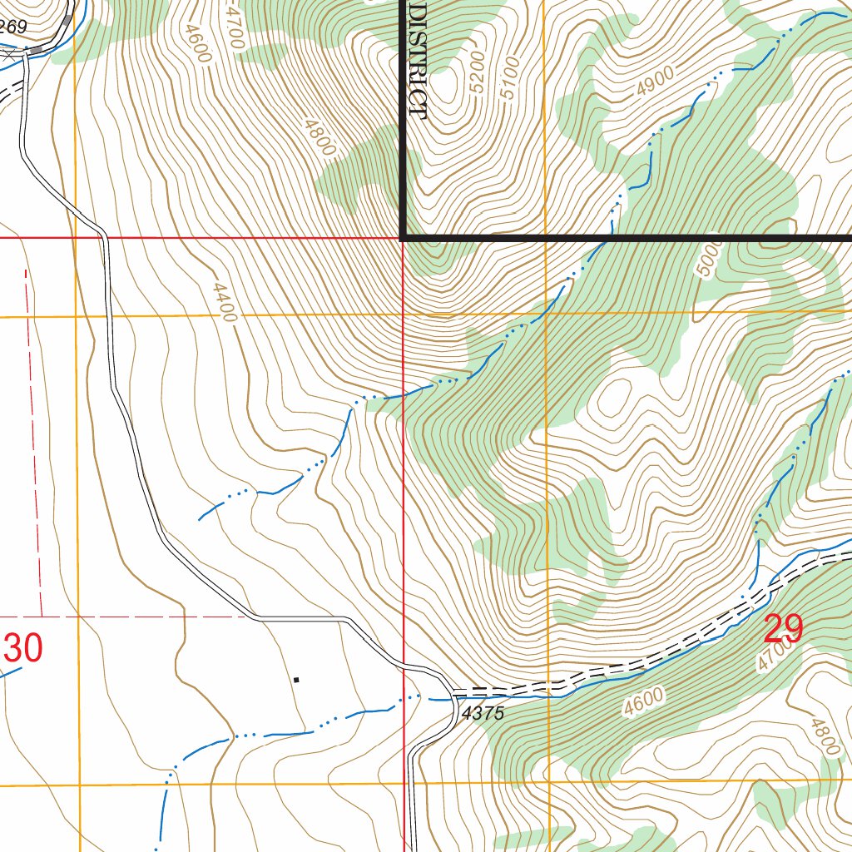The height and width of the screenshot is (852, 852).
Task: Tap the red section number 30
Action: click(x=22, y=649)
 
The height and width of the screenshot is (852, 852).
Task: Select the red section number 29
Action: click(x=783, y=630)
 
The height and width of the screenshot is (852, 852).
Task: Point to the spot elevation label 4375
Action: click(x=483, y=714)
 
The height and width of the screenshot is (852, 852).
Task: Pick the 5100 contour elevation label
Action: click(x=509, y=77)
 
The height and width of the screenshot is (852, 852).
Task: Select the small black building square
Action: click(x=295, y=680)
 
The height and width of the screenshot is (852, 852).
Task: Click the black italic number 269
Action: click(x=13, y=27)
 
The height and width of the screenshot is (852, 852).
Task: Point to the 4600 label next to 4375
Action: click(x=643, y=701)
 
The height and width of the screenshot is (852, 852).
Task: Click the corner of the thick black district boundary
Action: click(x=404, y=239)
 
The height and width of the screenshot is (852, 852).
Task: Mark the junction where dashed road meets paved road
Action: click(x=453, y=692)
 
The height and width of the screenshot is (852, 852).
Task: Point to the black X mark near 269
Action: click(x=9, y=54)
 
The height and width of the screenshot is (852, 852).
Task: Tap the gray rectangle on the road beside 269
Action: click(x=67, y=42)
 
